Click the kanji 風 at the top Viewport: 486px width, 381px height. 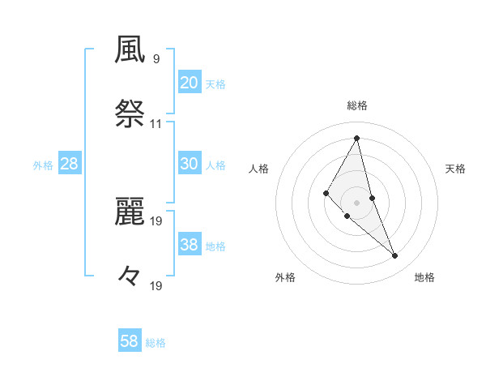(x=130, y=50)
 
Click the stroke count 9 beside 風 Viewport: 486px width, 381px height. (x=156, y=58)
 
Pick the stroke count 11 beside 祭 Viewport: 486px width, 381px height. (x=156, y=124)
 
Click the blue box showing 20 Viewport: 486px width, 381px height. (x=189, y=83)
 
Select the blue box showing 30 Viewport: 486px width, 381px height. (x=189, y=164)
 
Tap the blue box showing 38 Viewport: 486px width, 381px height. (x=189, y=245)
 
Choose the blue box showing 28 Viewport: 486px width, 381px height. (x=70, y=164)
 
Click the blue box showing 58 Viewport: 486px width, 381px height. (x=130, y=341)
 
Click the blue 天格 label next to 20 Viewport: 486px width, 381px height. (x=215, y=84)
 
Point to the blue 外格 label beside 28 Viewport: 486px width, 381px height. (x=43, y=165)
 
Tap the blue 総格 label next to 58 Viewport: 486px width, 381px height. (x=156, y=343)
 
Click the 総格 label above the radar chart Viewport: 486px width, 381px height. (x=356, y=105)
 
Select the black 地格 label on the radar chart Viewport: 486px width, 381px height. (x=424, y=278)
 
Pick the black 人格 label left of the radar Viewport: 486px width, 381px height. (x=258, y=169)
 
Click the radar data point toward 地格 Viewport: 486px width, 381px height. (x=394, y=255)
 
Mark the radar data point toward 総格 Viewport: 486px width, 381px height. (x=356, y=137)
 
